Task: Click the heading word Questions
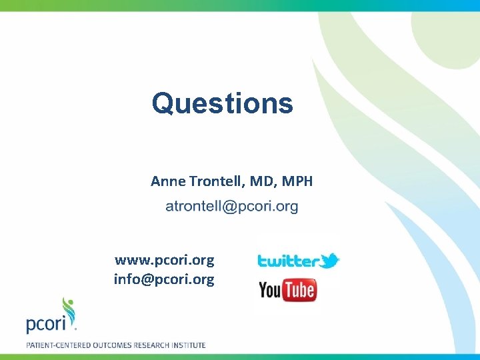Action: [222, 103]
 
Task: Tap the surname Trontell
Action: [216, 181]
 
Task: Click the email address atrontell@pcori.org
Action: [232, 207]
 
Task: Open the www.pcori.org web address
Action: [164, 260]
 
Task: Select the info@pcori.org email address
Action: [164, 279]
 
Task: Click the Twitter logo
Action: [298, 261]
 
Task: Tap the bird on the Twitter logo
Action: [330, 259]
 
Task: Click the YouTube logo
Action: [287, 290]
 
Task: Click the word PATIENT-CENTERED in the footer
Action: [59, 345]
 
